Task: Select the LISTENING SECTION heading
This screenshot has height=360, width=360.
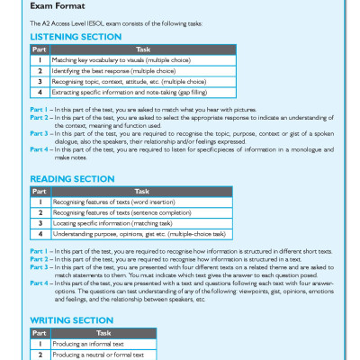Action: pos(76,37)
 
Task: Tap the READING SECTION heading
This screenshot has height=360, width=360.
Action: pos(71,178)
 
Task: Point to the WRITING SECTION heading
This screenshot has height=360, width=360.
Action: pos(69,319)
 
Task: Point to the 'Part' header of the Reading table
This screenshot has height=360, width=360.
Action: pos(40,190)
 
